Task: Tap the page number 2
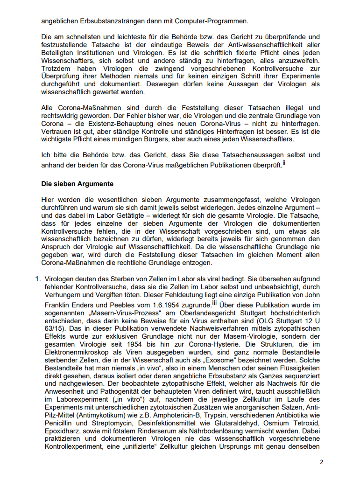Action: [321, 462]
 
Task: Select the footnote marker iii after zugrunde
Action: [215, 303]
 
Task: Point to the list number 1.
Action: [37, 279]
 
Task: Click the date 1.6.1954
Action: [166, 305]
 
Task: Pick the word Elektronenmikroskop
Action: [78, 353]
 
